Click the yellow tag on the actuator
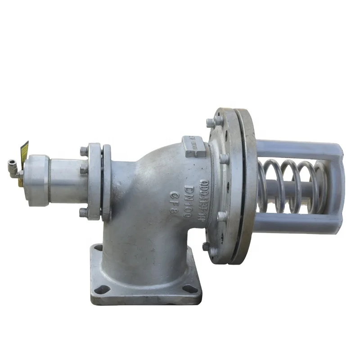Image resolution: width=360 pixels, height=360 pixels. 23,150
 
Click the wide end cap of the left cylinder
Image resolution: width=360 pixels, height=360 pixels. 36,180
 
